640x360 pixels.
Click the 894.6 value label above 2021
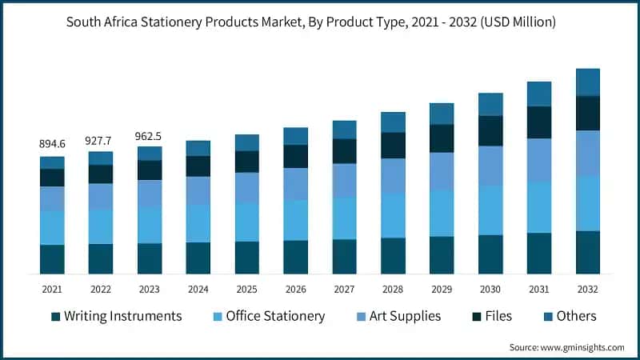(x=52, y=144)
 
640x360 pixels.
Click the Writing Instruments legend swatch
(x=55, y=317)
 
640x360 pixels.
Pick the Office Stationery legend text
(x=275, y=316)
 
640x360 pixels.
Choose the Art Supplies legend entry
(x=398, y=316)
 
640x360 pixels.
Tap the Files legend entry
(x=489, y=316)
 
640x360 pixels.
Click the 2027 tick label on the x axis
(x=344, y=289)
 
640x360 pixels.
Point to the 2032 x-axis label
(x=588, y=289)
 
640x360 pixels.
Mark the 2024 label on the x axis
(x=198, y=289)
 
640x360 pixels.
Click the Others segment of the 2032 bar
(x=588, y=82)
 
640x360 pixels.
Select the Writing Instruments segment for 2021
(x=52, y=259)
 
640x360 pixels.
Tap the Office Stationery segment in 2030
(x=490, y=210)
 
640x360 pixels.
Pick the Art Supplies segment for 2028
(x=393, y=175)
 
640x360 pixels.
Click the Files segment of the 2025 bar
(x=246, y=162)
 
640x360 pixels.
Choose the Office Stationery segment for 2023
(x=150, y=225)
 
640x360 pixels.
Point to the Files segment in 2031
(x=539, y=122)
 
